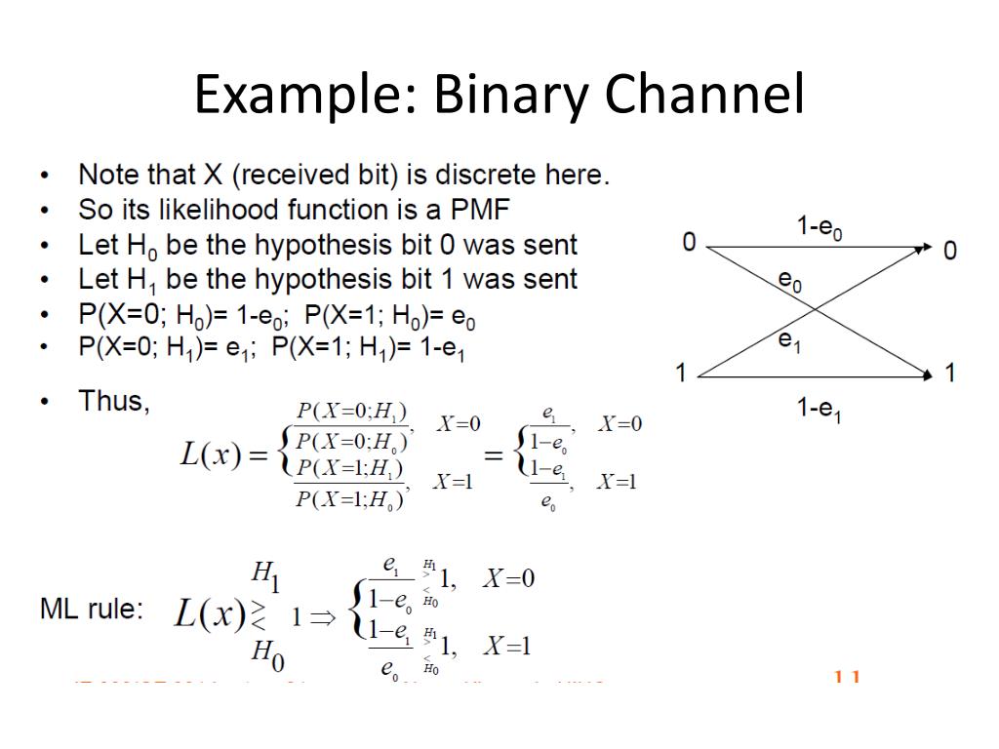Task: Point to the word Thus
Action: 114,401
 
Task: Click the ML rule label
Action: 91,610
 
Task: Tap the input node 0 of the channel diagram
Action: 689,243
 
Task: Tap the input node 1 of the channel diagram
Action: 682,373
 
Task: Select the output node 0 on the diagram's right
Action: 949,251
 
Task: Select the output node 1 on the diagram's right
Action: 949,373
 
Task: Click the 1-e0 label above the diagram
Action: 819,228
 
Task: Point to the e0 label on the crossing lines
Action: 789,282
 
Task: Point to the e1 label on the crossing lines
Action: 789,340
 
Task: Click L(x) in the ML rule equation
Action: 209,614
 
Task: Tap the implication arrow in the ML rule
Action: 324,616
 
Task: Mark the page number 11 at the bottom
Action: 846,676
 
